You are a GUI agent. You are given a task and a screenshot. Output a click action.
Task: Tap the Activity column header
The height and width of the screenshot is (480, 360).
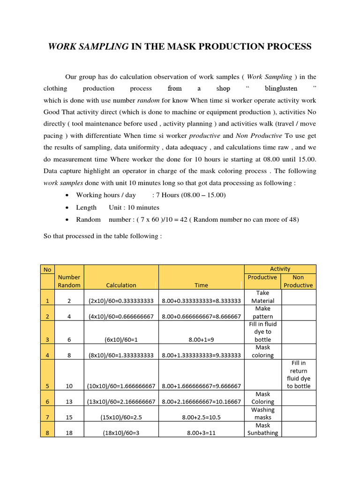click(x=280, y=269)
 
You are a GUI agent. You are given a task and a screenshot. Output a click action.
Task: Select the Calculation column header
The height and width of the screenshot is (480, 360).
click(x=121, y=285)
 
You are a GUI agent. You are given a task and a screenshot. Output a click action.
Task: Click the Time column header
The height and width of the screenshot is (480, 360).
click(x=201, y=285)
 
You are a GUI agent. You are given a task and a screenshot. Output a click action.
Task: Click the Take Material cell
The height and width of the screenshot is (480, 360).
click(x=262, y=297)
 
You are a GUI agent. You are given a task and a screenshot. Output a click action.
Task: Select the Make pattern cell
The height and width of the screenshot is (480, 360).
click(x=262, y=313)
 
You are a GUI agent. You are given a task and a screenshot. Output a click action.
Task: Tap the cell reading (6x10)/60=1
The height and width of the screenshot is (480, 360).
click(x=121, y=339)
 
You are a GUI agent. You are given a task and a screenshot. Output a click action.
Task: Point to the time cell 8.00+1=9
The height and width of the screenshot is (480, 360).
click(x=201, y=339)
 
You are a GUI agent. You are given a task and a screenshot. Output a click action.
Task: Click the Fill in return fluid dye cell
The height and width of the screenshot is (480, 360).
click(x=298, y=374)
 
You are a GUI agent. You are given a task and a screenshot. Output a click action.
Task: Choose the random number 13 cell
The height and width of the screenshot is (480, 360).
click(x=69, y=402)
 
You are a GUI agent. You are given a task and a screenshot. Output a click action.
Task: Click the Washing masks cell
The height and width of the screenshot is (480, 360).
click(x=262, y=413)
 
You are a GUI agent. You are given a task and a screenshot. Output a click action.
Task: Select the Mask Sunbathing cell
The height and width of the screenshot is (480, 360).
click(x=262, y=429)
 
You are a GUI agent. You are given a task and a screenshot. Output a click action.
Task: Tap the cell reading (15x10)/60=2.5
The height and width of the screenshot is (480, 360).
click(x=121, y=417)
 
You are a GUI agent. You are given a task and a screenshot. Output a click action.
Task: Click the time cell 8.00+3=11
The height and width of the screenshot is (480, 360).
click(x=201, y=433)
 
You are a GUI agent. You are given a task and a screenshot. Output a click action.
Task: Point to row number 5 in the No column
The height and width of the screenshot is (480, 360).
click(x=47, y=386)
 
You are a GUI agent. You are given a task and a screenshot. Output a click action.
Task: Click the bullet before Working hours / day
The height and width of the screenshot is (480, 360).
click(x=68, y=195)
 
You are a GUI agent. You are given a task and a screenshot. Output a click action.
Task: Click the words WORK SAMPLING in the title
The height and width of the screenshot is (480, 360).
click(x=89, y=46)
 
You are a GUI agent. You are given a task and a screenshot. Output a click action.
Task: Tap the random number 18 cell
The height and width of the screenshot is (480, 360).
click(x=69, y=433)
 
